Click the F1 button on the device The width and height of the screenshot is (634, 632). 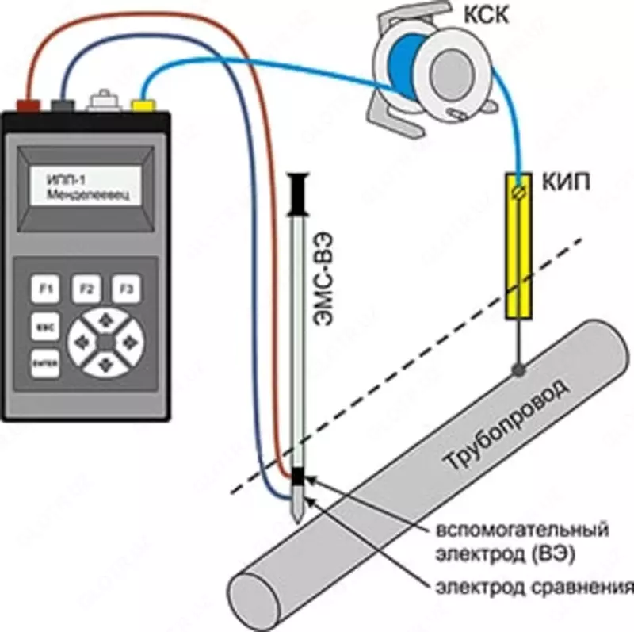45,290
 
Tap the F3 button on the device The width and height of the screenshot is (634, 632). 125,290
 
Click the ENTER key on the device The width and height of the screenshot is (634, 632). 43,362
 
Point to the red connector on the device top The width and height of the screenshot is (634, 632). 29,104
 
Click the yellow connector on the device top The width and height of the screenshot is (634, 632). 143,104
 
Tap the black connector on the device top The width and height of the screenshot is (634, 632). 62,104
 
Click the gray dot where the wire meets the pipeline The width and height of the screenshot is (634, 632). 518,369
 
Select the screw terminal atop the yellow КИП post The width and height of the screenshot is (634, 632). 520,191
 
